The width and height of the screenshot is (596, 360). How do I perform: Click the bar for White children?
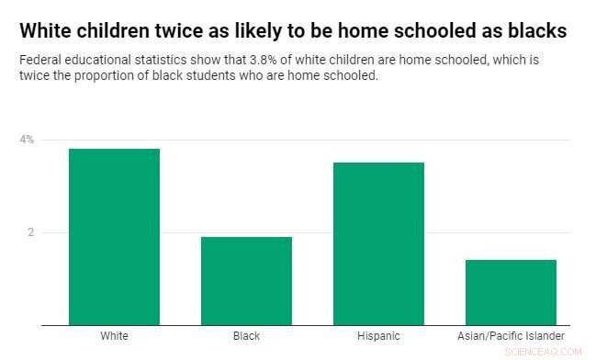(114, 237)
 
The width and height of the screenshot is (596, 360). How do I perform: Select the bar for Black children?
(246, 281)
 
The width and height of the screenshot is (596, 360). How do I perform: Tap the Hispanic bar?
(378, 243)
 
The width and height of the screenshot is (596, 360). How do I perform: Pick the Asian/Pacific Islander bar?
(511, 292)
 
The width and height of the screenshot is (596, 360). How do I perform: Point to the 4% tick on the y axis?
(27, 140)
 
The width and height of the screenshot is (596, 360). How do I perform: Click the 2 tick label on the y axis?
(29, 232)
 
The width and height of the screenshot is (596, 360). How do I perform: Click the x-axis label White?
(114, 336)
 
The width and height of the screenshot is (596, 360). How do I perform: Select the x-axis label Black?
(246, 336)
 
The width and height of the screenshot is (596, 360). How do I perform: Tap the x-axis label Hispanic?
(378, 336)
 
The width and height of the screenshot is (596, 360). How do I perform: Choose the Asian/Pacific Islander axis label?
(511, 336)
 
